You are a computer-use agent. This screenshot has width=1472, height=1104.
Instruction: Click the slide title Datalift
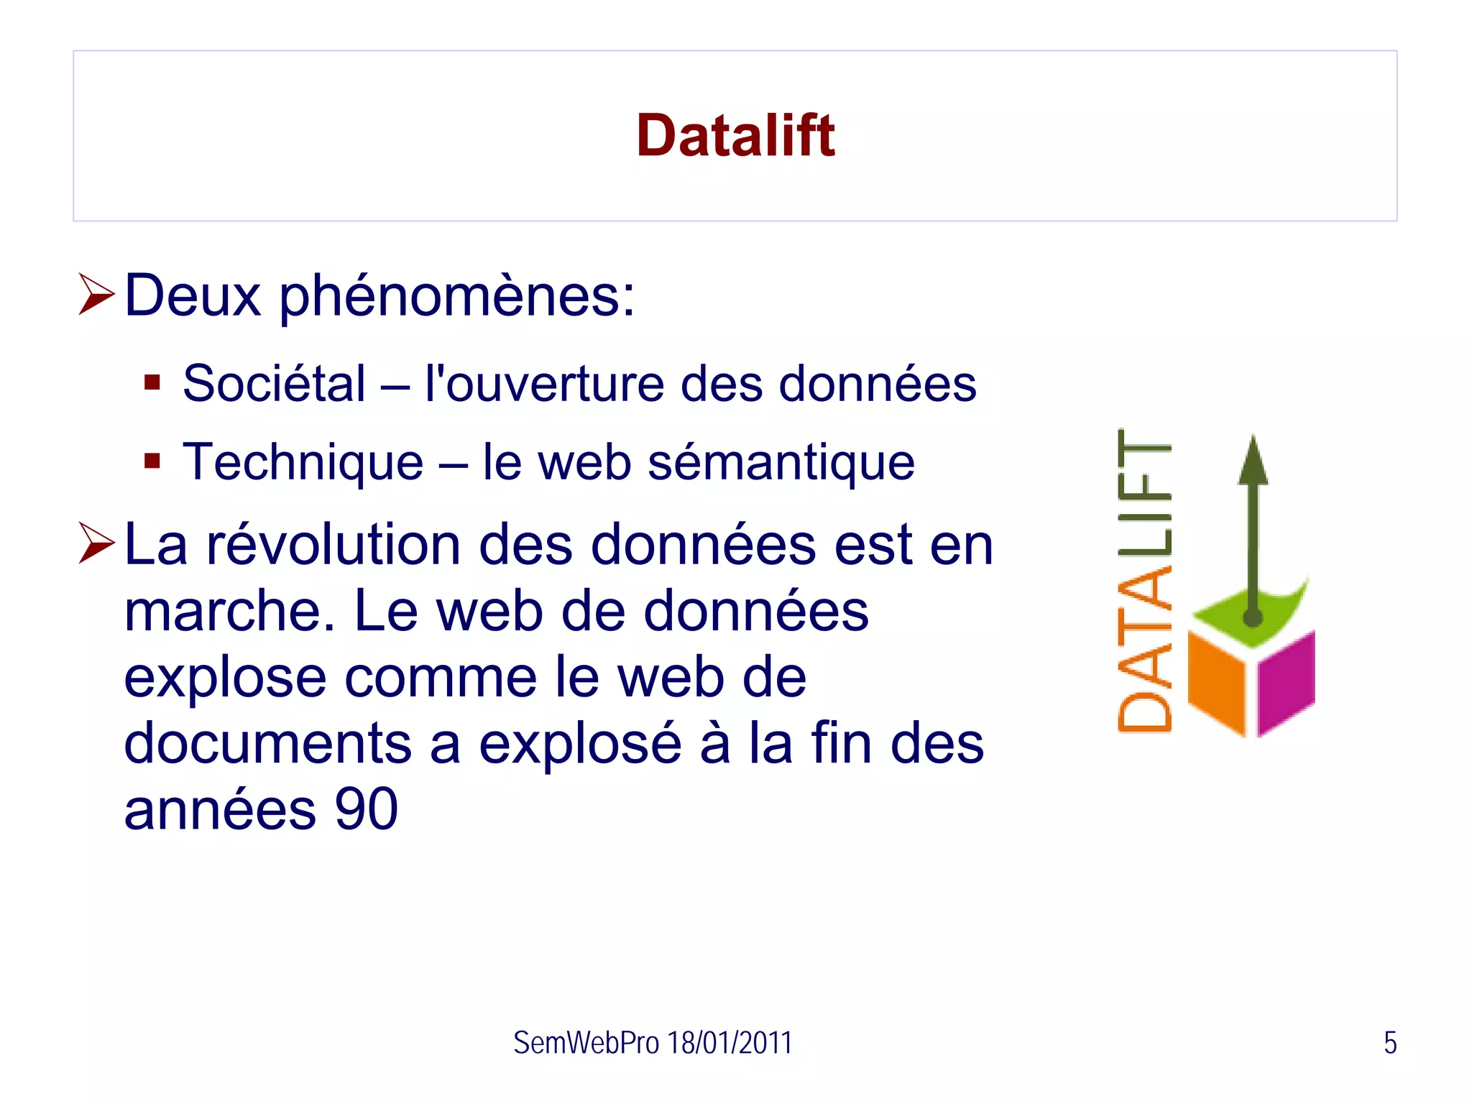[735, 136]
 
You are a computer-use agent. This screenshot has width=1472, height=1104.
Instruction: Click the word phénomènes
[456, 296]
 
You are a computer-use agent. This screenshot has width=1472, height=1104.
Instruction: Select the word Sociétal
[274, 383]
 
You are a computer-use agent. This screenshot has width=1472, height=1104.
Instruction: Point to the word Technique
[303, 461]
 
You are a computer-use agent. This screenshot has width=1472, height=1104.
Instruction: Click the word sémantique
[781, 463]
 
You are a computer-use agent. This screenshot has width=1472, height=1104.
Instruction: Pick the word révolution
[333, 544]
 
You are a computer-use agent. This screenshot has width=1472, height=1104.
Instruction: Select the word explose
[225, 678]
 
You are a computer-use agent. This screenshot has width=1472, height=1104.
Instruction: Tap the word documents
[267, 743]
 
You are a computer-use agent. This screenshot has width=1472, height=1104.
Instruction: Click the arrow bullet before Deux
[96, 294]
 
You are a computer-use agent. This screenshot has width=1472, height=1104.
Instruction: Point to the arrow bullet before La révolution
[96, 543]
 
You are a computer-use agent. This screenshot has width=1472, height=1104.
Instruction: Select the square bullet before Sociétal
[152, 382]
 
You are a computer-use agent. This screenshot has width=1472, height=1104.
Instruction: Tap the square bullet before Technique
[152, 460]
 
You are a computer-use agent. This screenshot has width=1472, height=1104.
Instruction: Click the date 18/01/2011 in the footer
[730, 1043]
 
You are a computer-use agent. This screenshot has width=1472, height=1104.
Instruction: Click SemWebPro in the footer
[586, 1043]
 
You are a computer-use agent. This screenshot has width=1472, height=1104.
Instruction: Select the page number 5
[1390, 1043]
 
